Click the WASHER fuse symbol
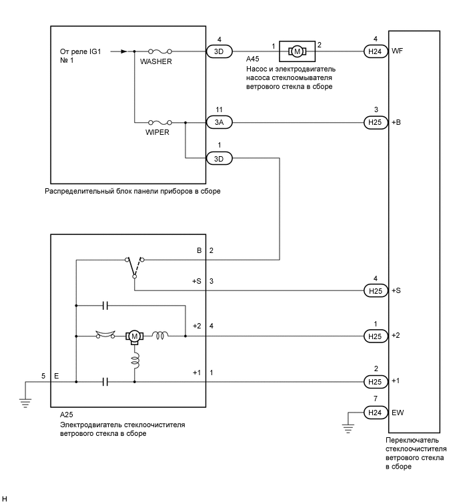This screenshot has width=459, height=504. click(x=161, y=50)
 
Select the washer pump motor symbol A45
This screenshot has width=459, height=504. click(x=296, y=50)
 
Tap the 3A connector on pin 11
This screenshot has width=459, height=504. click(x=219, y=122)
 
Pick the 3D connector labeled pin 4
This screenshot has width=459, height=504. click(x=219, y=50)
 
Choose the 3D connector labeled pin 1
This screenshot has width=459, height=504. click(x=219, y=158)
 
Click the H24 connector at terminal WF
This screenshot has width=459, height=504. click(x=375, y=50)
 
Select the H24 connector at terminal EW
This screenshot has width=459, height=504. click(x=375, y=413)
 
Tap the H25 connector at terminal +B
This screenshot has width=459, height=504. click(x=375, y=122)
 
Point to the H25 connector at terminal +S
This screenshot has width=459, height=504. click(x=375, y=290)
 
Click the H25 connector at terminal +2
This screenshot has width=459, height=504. click(x=375, y=335)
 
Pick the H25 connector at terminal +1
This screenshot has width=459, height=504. click(x=375, y=382)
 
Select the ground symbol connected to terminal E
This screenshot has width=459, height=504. click(x=25, y=401)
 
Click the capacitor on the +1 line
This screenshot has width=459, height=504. click(x=105, y=382)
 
